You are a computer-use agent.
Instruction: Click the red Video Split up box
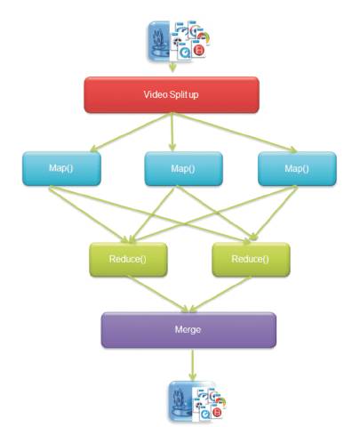point(172,95)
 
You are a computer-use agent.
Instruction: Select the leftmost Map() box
point(61,169)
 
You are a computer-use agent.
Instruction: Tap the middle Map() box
point(183,169)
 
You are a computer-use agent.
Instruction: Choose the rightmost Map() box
point(297,169)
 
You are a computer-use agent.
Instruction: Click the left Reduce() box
point(128,260)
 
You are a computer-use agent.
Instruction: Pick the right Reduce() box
point(251,260)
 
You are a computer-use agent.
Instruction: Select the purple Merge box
point(188,330)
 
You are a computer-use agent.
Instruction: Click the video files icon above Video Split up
point(179,41)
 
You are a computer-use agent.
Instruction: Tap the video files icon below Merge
point(197,401)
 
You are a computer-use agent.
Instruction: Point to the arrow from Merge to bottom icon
point(193,365)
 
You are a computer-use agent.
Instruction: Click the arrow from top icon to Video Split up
point(172,67)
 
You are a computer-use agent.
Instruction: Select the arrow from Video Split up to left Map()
point(131,133)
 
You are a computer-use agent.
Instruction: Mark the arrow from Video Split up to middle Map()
point(172,133)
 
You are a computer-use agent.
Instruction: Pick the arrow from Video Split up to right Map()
point(235,133)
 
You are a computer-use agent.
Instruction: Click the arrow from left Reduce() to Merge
point(158,294)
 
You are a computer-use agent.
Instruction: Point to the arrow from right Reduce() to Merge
point(220,294)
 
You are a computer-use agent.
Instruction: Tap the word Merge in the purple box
point(188,329)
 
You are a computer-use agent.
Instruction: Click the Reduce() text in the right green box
point(250,259)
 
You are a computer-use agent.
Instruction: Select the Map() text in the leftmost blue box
point(61,168)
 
